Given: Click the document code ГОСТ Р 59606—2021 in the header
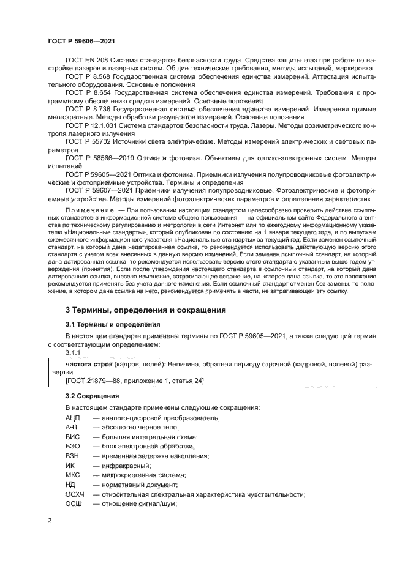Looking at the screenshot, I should coord(81,40).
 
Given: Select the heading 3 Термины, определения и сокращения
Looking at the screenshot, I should coord(146,310).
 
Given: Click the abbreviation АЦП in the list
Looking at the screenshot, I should coord(74,417).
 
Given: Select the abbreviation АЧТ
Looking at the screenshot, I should coord(73,427).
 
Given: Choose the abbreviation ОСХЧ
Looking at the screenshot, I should coord(76,494).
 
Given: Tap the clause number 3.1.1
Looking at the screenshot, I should coord(72,353).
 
